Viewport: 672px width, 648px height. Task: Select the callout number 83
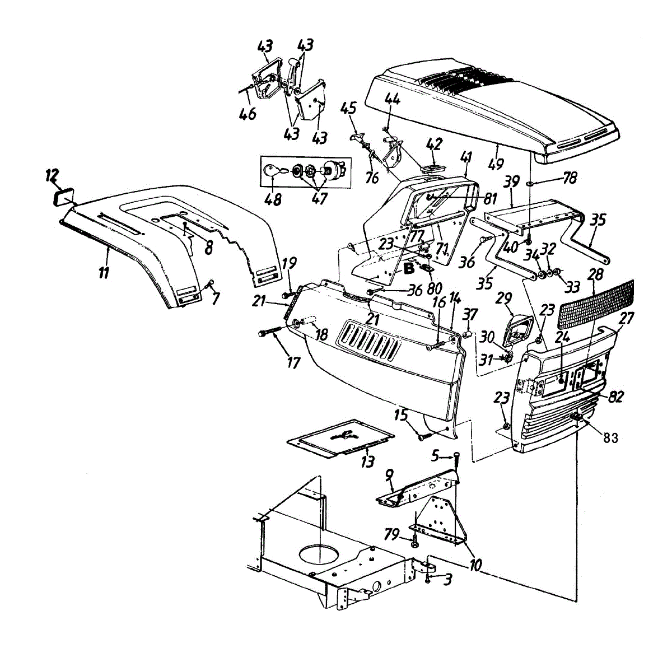[x=610, y=437]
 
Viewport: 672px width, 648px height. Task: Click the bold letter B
[x=409, y=269]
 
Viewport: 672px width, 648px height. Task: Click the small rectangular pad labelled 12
[x=63, y=197]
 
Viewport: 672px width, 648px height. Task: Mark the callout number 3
[x=447, y=581]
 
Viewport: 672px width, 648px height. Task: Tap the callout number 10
[x=476, y=565]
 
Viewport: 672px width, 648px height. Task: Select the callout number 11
[x=104, y=273]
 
